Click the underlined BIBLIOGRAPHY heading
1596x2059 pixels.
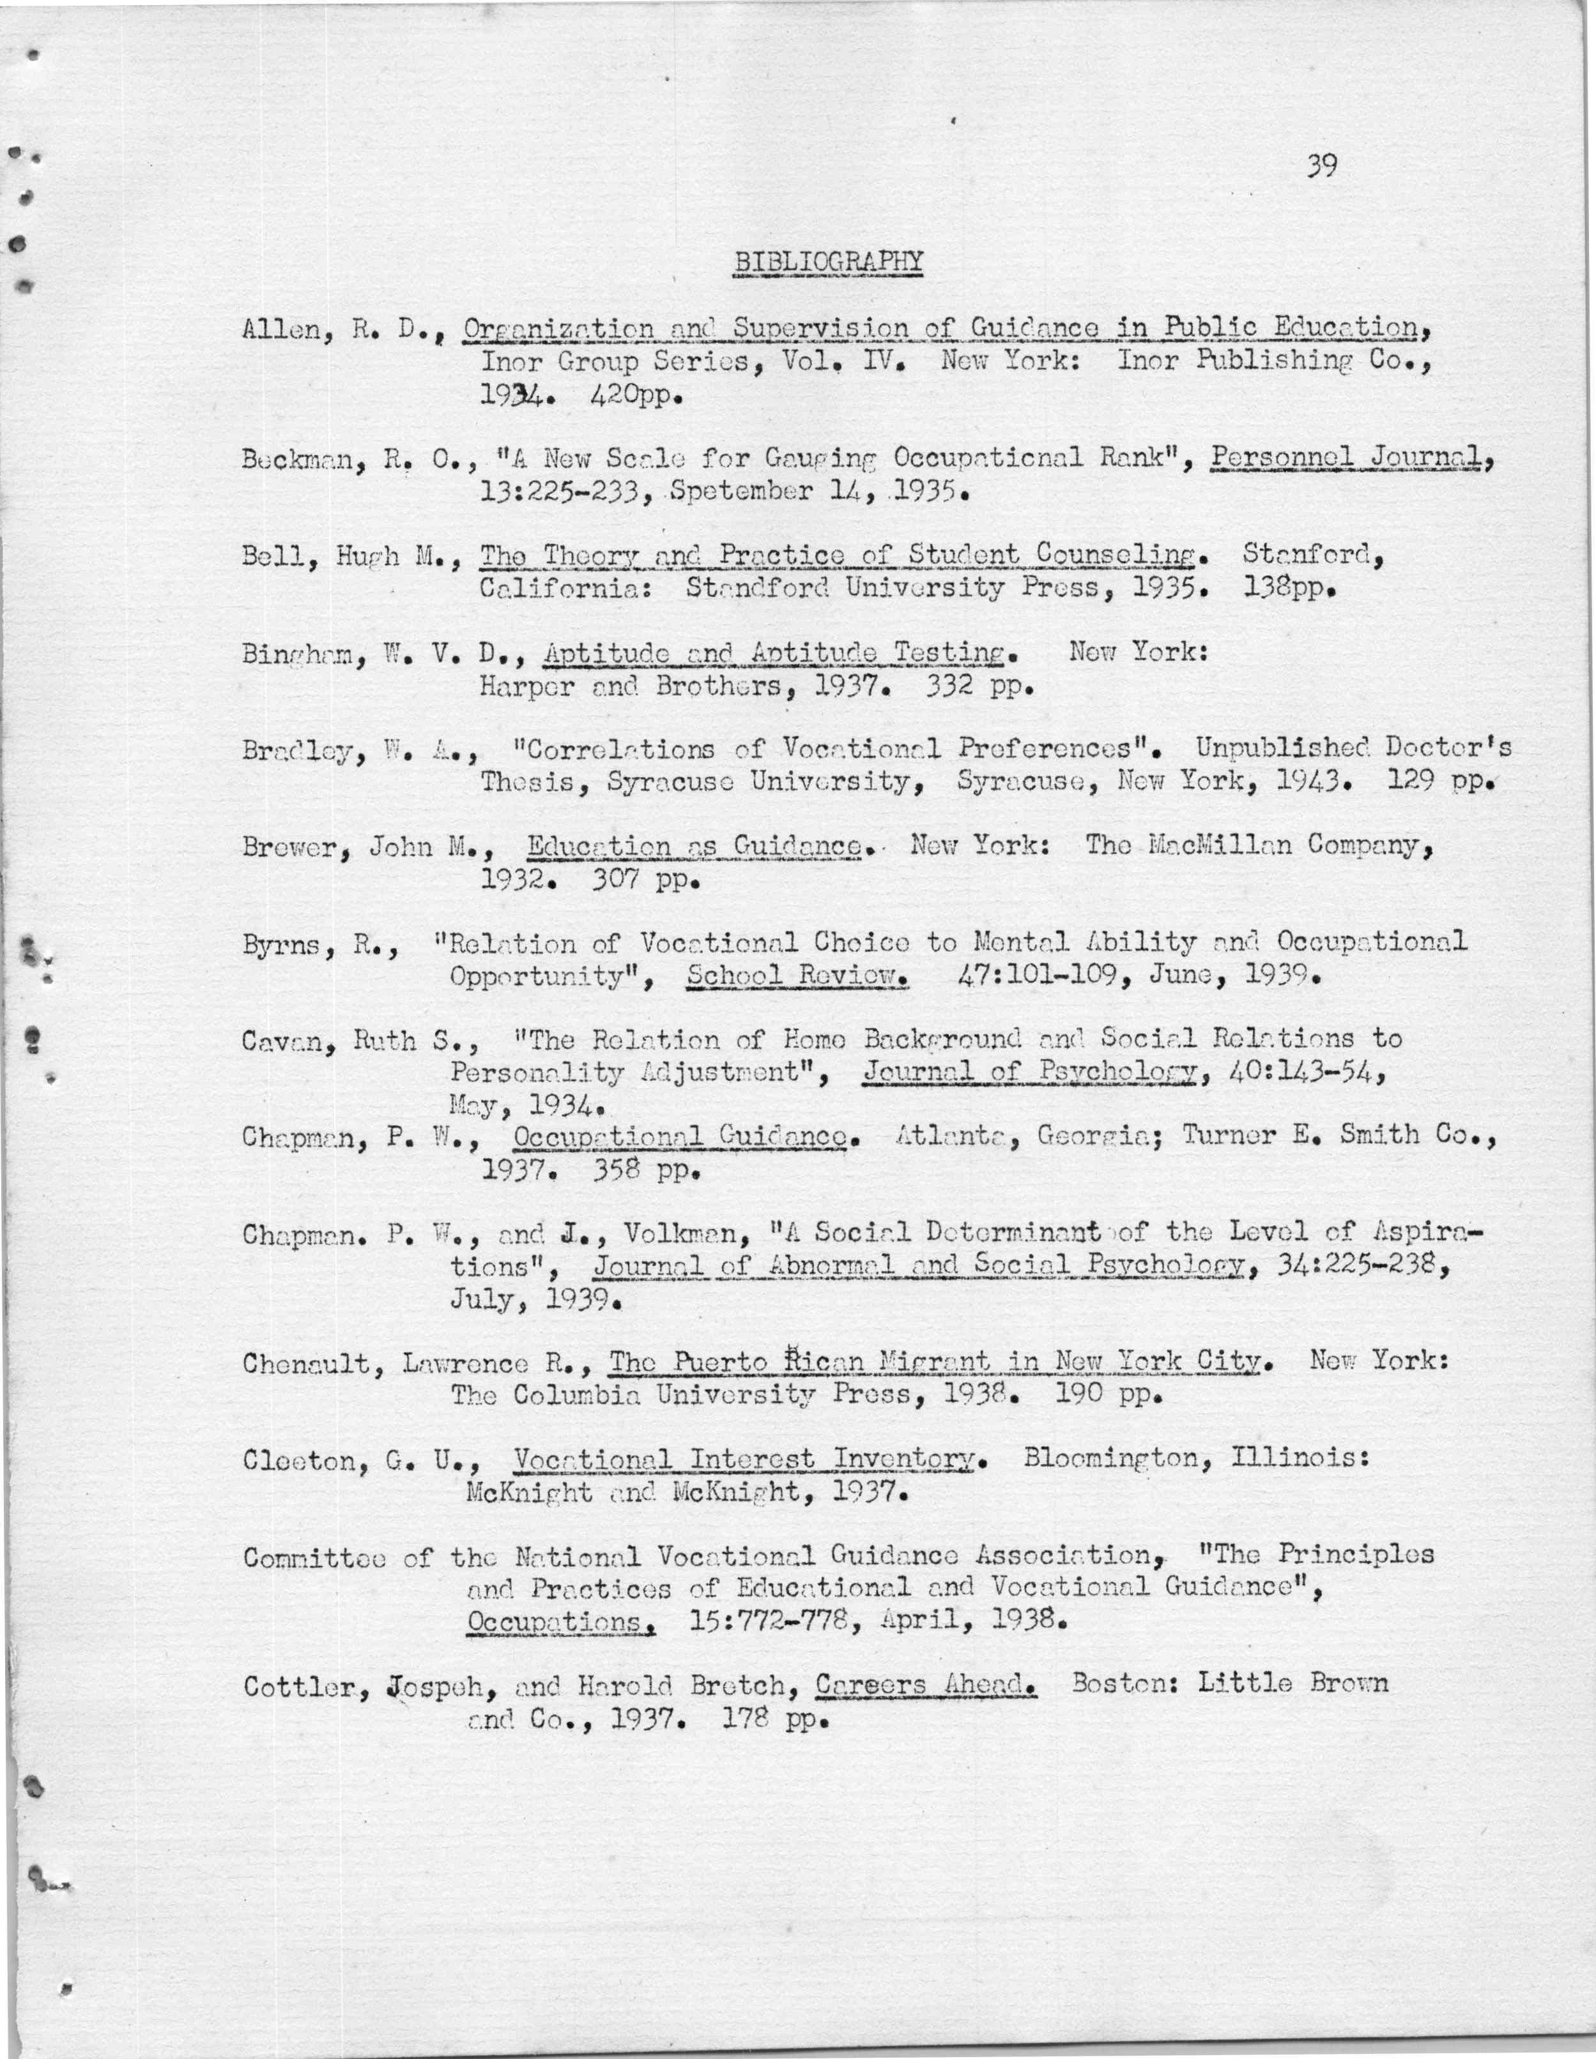click(x=828, y=261)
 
